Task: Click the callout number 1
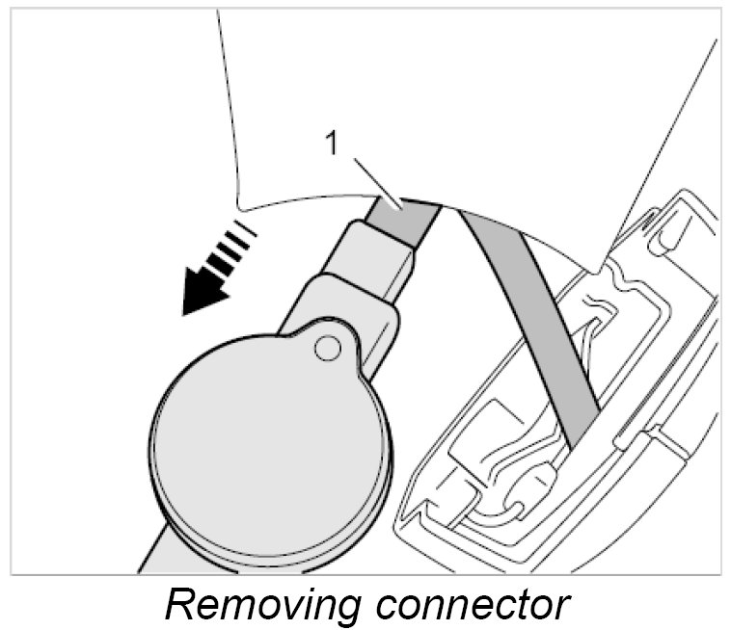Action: tap(331, 144)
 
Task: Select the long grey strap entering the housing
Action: tap(530, 318)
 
